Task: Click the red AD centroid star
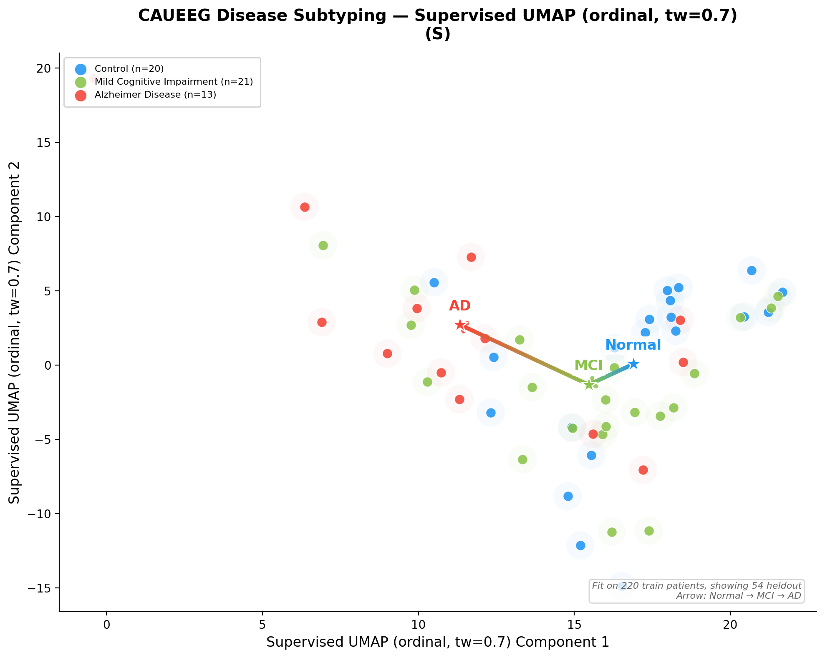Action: click(460, 325)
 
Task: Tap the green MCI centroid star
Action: click(589, 384)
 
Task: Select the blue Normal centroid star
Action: click(633, 364)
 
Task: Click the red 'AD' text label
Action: click(460, 306)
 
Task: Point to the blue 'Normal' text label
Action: click(633, 345)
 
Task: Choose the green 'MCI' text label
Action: click(588, 366)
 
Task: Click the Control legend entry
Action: click(129, 69)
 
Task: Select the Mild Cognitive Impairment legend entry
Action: click(174, 82)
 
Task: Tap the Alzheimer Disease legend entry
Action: click(155, 95)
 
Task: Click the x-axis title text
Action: click(437, 642)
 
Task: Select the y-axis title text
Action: click(15, 332)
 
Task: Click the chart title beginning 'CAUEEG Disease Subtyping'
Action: click(437, 16)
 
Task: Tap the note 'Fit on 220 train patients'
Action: click(696, 586)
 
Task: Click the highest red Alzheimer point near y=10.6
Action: click(305, 207)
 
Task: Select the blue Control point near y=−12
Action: click(580, 545)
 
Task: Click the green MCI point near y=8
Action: click(323, 245)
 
